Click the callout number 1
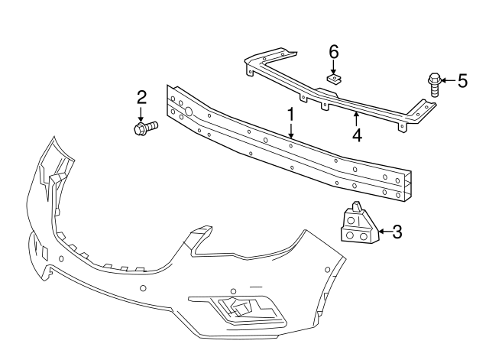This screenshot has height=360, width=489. tap(290, 115)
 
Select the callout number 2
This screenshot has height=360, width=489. tap(141, 97)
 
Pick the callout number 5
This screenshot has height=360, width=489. tap(461, 81)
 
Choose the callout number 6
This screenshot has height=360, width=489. tap(333, 52)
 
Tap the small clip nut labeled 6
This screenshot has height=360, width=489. tap(334, 77)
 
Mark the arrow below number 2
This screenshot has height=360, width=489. tap(141, 113)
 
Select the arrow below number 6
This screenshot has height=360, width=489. tap(333, 66)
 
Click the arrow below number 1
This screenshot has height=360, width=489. tap(290, 131)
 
